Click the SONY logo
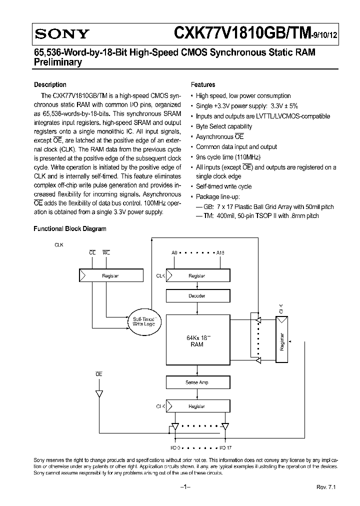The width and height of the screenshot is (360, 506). [61, 34]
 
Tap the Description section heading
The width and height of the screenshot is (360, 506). [50, 85]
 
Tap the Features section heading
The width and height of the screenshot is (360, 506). [203, 85]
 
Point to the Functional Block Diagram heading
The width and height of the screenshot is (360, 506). [70, 229]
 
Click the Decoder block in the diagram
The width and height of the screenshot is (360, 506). [196, 296]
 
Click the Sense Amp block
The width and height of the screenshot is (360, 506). [196, 382]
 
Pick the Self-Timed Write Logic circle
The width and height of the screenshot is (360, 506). [144, 321]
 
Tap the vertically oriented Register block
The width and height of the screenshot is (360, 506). [282, 341]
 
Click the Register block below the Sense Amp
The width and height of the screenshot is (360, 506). [196, 406]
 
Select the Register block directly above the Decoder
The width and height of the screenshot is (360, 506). [196, 275]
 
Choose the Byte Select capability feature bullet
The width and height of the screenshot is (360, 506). [223, 126]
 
